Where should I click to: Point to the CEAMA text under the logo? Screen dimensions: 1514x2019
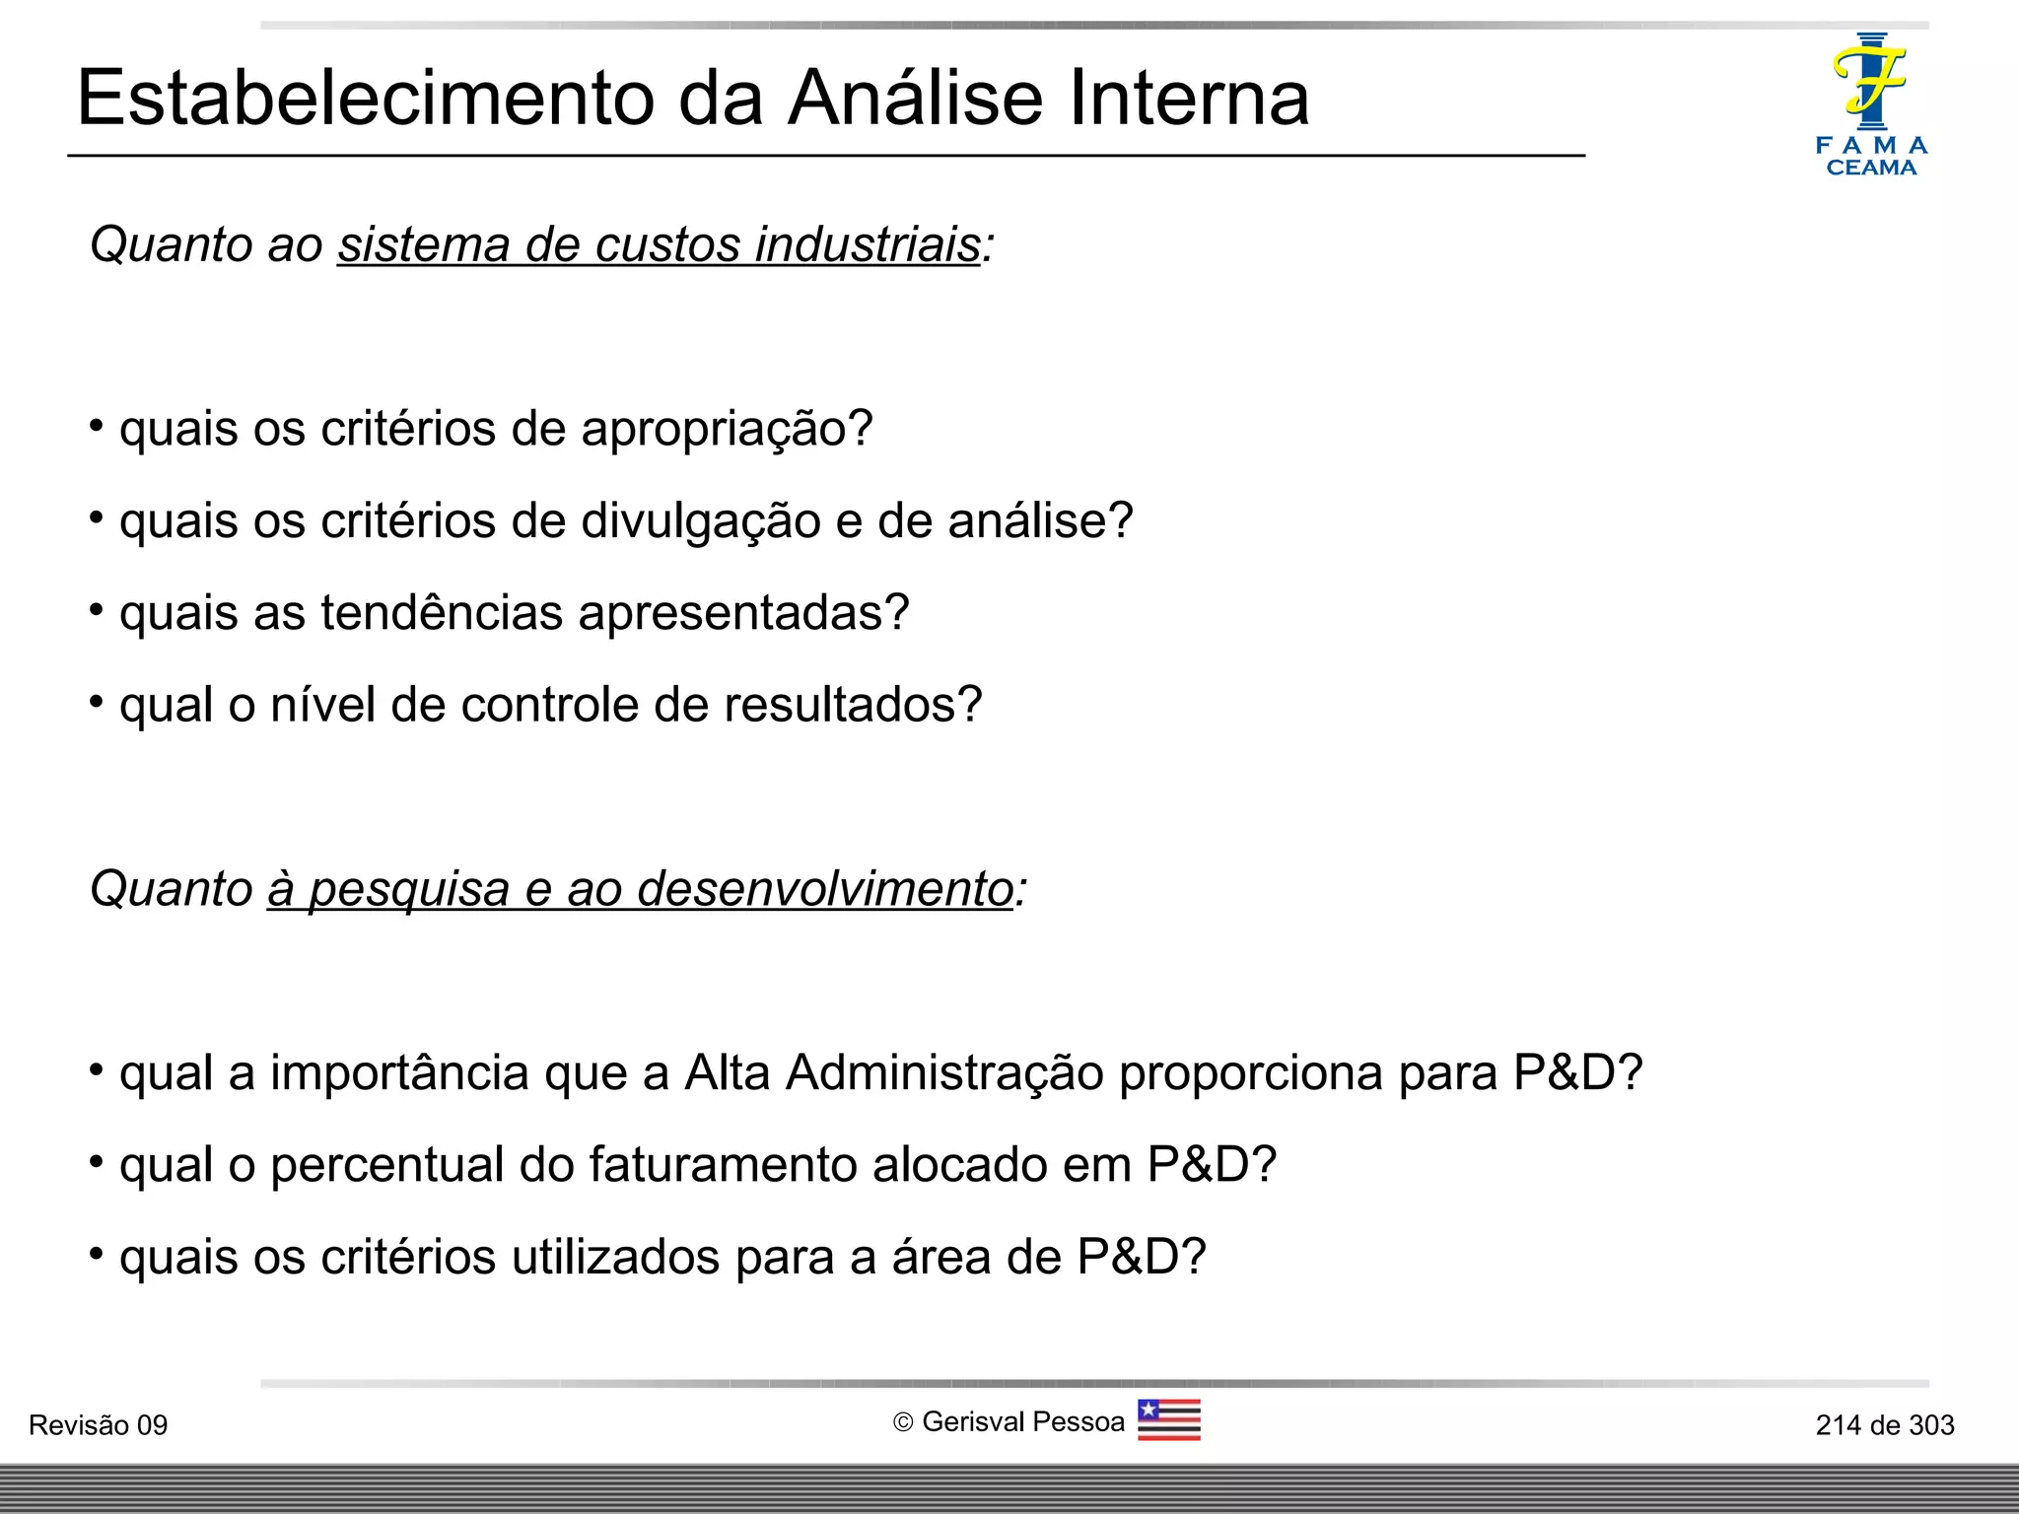tap(1871, 168)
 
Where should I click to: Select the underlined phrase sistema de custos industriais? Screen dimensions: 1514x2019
tap(660, 244)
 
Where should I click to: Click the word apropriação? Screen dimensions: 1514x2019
tap(727, 429)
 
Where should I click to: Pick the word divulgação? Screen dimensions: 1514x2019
tap(701, 521)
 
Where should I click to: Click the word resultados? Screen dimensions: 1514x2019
tap(854, 705)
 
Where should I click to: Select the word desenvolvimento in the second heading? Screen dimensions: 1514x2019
tap(826, 889)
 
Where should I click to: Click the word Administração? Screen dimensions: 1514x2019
tap(944, 1072)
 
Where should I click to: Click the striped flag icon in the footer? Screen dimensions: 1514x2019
tap(1168, 1420)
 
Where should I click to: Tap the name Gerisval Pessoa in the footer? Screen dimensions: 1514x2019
tap(1023, 1422)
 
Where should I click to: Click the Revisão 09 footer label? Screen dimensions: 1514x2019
tap(99, 1425)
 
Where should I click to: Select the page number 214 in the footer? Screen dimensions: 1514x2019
tap(1838, 1425)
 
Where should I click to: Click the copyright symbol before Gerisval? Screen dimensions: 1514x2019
tap(903, 1422)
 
